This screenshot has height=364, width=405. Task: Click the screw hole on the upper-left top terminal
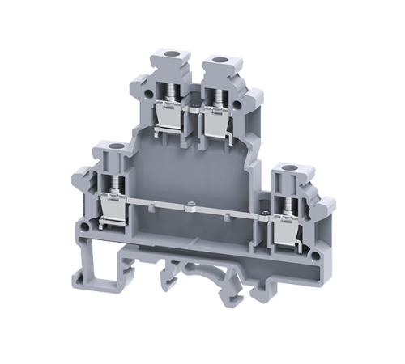click(x=170, y=59)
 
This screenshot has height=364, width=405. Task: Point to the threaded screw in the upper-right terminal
click(x=217, y=96)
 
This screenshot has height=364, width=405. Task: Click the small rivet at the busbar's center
click(x=190, y=203)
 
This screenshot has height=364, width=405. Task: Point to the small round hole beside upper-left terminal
click(x=150, y=95)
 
